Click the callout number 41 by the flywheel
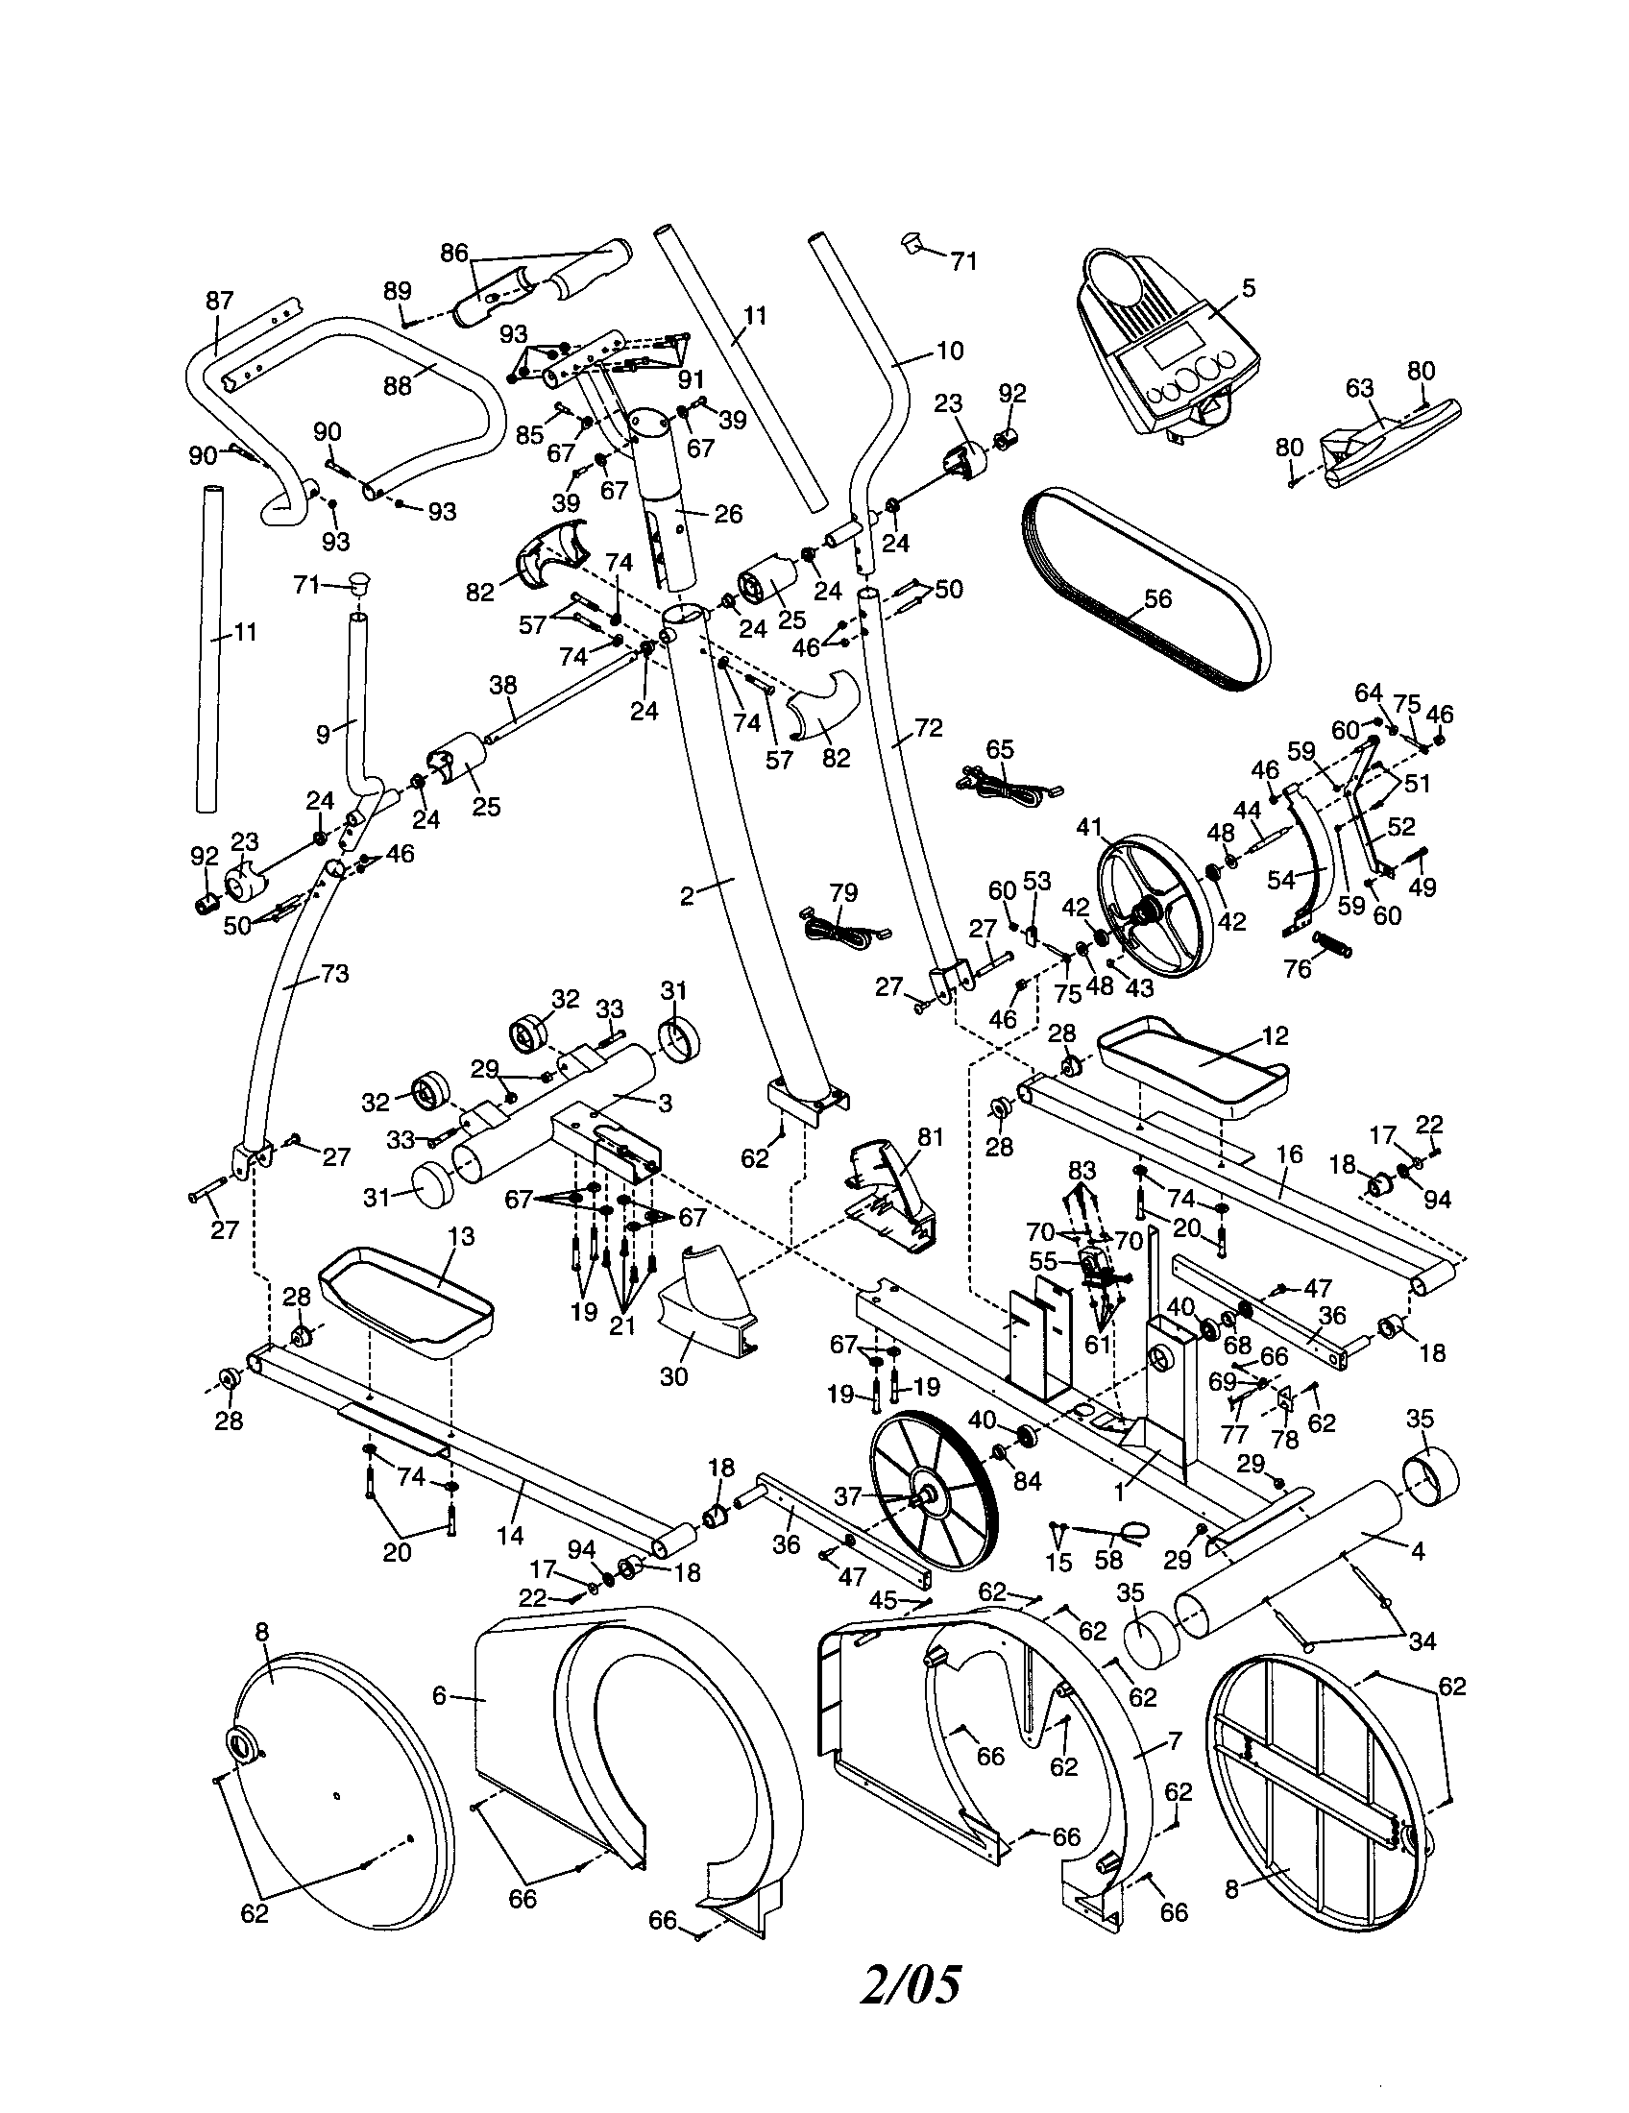(x=1090, y=827)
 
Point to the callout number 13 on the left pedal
(x=461, y=1237)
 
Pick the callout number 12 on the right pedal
(x=1275, y=1035)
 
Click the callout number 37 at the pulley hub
(x=847, y=1495)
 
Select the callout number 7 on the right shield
(x=1174, y=1741)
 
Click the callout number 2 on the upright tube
(x=687, y=896)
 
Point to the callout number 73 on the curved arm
(x=334, y=973)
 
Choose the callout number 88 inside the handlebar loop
(x=398, y=386)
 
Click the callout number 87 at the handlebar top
(x=220, y=300)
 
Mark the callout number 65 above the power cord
(x=1000, y=749)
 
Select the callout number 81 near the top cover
(x=930, y=1138)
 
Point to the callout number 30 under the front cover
(x=673, y=1373)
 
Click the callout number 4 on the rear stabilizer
(x=1417, y=1551)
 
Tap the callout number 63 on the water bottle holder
(x=1360, y=388)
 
